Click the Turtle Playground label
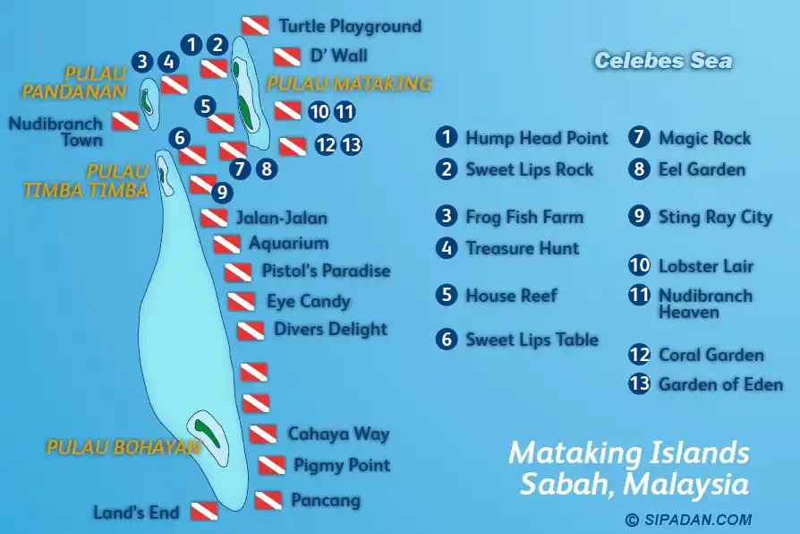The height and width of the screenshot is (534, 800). point(349,26)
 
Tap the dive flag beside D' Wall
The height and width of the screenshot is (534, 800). point(286,57)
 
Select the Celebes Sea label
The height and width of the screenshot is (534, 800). point(663,61)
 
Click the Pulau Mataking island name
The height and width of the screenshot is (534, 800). point(349,84)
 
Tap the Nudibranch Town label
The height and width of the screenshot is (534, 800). point(55,131)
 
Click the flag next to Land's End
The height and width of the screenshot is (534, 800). point(203,512)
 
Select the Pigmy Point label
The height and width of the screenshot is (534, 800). point(342,465)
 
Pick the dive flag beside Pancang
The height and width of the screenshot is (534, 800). point(268,500)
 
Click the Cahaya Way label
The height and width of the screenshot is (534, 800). point(338,434)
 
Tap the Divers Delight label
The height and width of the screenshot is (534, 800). point(330,329)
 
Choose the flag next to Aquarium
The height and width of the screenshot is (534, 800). point(226,244)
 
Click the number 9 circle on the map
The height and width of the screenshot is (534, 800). point(222,191)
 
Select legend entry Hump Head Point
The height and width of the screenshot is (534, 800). point(536,138)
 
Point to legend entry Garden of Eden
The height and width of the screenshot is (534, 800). point(720,384)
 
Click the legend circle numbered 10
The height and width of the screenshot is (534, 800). point(639,266)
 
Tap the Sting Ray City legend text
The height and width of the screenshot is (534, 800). point(715,217)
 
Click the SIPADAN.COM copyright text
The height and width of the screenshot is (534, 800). point(688,520)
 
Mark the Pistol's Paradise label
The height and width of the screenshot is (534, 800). point(326,271)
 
